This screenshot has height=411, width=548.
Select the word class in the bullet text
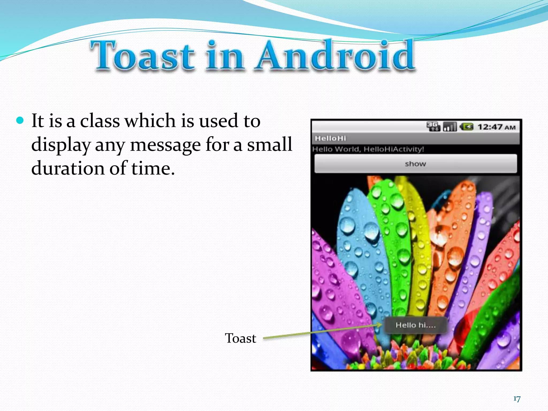click(100, 121)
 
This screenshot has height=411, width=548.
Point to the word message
click(165, 145)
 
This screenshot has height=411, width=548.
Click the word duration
click(68, 168)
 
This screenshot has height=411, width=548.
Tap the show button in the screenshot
click(415, 164)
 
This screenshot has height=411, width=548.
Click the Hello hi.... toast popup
click(416, 325)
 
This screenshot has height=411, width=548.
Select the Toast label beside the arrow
click(240, 338)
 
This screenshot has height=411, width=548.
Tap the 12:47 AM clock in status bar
click(496, 127)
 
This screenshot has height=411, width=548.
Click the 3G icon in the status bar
click(433, 127)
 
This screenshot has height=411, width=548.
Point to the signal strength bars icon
click(450, 127)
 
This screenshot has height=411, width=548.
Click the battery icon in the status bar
click(467, 127)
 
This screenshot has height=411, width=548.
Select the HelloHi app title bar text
click(330, 138)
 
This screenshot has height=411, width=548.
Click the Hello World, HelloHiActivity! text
click(368, 149)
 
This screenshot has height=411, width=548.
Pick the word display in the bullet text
click(61, 145)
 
